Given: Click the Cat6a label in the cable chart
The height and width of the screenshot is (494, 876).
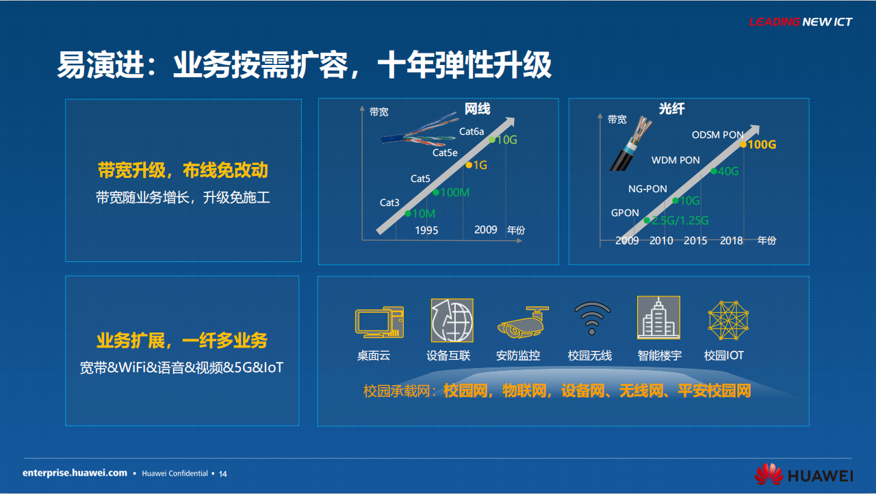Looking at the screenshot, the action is [x=472, y=131].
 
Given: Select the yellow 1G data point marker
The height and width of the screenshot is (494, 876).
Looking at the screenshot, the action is [x=469, y=166].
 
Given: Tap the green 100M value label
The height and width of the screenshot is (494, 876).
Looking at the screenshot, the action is [x=455, y=192].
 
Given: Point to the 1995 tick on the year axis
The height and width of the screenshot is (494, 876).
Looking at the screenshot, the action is [x=426, y=230].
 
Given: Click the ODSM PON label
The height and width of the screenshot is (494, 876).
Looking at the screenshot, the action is [x=718, y=135].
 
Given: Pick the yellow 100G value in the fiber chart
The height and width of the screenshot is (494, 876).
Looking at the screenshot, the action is [x=762, y=144].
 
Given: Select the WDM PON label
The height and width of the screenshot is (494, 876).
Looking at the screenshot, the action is [x=675, y=160].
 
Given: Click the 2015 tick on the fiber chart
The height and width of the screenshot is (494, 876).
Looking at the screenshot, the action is [x=695, y=241].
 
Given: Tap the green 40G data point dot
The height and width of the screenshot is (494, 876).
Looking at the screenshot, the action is [x=714, y=171].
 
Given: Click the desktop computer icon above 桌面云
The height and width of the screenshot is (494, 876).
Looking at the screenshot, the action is [x=379, y=322].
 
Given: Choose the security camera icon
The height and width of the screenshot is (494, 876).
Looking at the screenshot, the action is [x=522, y=322].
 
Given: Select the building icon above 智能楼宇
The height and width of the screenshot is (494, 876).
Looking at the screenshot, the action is [x=658, y=317].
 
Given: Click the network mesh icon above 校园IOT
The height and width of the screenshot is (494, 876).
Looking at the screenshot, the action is [x=728, y=320].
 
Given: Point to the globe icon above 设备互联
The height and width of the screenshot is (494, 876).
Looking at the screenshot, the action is [x=452, y=320].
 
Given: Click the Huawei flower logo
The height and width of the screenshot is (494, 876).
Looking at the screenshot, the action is [x=769, y=474].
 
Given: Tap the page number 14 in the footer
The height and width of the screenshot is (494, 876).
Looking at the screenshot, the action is [x=222, y=474].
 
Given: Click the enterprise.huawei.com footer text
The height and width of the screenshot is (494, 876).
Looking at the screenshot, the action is [x=75, y=473].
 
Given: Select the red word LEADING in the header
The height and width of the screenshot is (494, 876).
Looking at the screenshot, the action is [x=774, y=22].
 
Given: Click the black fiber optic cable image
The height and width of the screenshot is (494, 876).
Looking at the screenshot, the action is [x=630, y=144].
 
